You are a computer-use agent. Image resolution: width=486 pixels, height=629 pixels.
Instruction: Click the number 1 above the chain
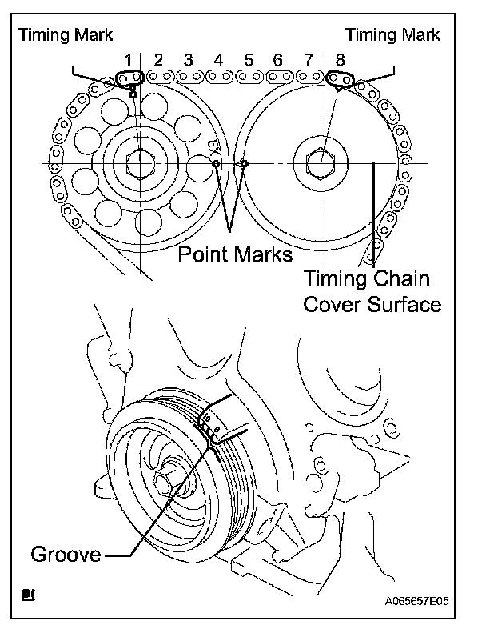tap(127, 60)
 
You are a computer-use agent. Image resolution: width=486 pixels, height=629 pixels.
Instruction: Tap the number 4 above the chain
tap(218, 60)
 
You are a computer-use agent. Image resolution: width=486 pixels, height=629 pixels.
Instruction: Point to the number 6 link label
tap(278, 60)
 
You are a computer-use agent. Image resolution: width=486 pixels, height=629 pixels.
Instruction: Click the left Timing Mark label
tap(66, 35)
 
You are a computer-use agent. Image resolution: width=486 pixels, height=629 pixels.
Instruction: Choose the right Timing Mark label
tap(392, 35)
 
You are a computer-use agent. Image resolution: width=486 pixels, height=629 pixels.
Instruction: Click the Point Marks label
tap(234, 254)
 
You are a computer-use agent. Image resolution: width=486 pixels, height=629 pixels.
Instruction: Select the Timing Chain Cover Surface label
tap(372, 291)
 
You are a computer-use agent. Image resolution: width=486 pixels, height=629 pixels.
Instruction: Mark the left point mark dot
tap(216, 164)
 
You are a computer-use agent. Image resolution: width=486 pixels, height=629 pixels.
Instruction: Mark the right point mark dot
tap(245, 164)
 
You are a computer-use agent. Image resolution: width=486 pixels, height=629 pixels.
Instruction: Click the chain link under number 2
tap(161, 77)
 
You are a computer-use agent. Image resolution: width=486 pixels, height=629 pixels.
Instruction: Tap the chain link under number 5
tap(249, 77)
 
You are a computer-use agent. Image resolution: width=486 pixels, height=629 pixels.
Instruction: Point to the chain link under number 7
tap(308, 77)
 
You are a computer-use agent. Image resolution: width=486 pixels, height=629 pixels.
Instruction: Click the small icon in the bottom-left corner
tap(28, 595)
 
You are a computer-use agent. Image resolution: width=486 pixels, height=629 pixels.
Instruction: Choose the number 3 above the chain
tap(188, 60)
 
